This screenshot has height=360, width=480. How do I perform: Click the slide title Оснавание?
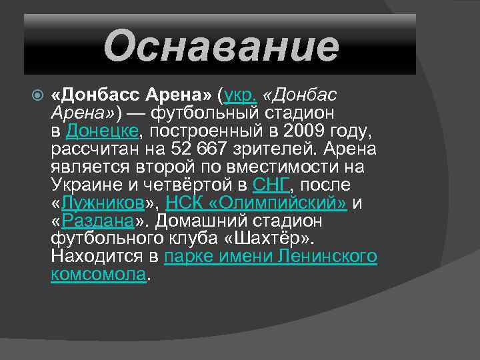coord(221,45)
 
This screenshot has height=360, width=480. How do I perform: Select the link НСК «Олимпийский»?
coord(256,202)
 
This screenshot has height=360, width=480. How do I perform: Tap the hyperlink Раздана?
coord(99,220)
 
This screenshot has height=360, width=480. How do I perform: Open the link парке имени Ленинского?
coord(271,256)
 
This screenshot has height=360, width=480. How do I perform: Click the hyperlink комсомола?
coord(98,274)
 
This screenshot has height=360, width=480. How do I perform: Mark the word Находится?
coord(97,256)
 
